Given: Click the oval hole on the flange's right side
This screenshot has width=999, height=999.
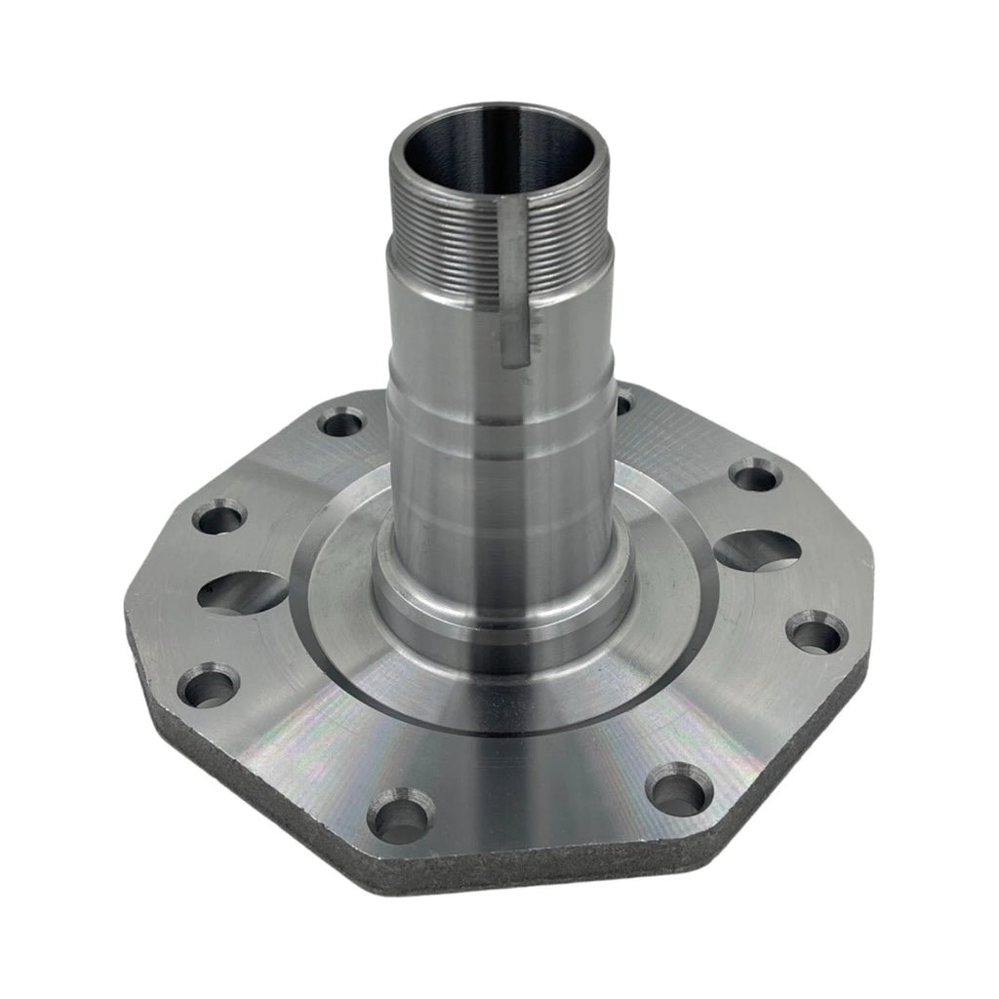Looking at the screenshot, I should tap(759, 550).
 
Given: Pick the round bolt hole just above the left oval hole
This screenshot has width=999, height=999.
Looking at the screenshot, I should tap(220, 516).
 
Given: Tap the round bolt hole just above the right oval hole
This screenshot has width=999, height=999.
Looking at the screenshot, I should tap(756, 476).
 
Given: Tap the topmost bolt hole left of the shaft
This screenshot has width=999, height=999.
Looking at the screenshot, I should tap(340, 423).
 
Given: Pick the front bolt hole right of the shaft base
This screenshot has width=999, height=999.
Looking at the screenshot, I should tap(678, 789).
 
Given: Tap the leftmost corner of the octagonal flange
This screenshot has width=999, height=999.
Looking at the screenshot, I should tap(127, 615).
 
